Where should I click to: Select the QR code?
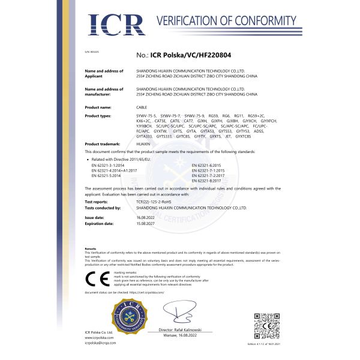click(x=267, y=326)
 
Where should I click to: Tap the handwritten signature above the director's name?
click(x=181, y=313)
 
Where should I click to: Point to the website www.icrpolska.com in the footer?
click(x=100, y=337)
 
